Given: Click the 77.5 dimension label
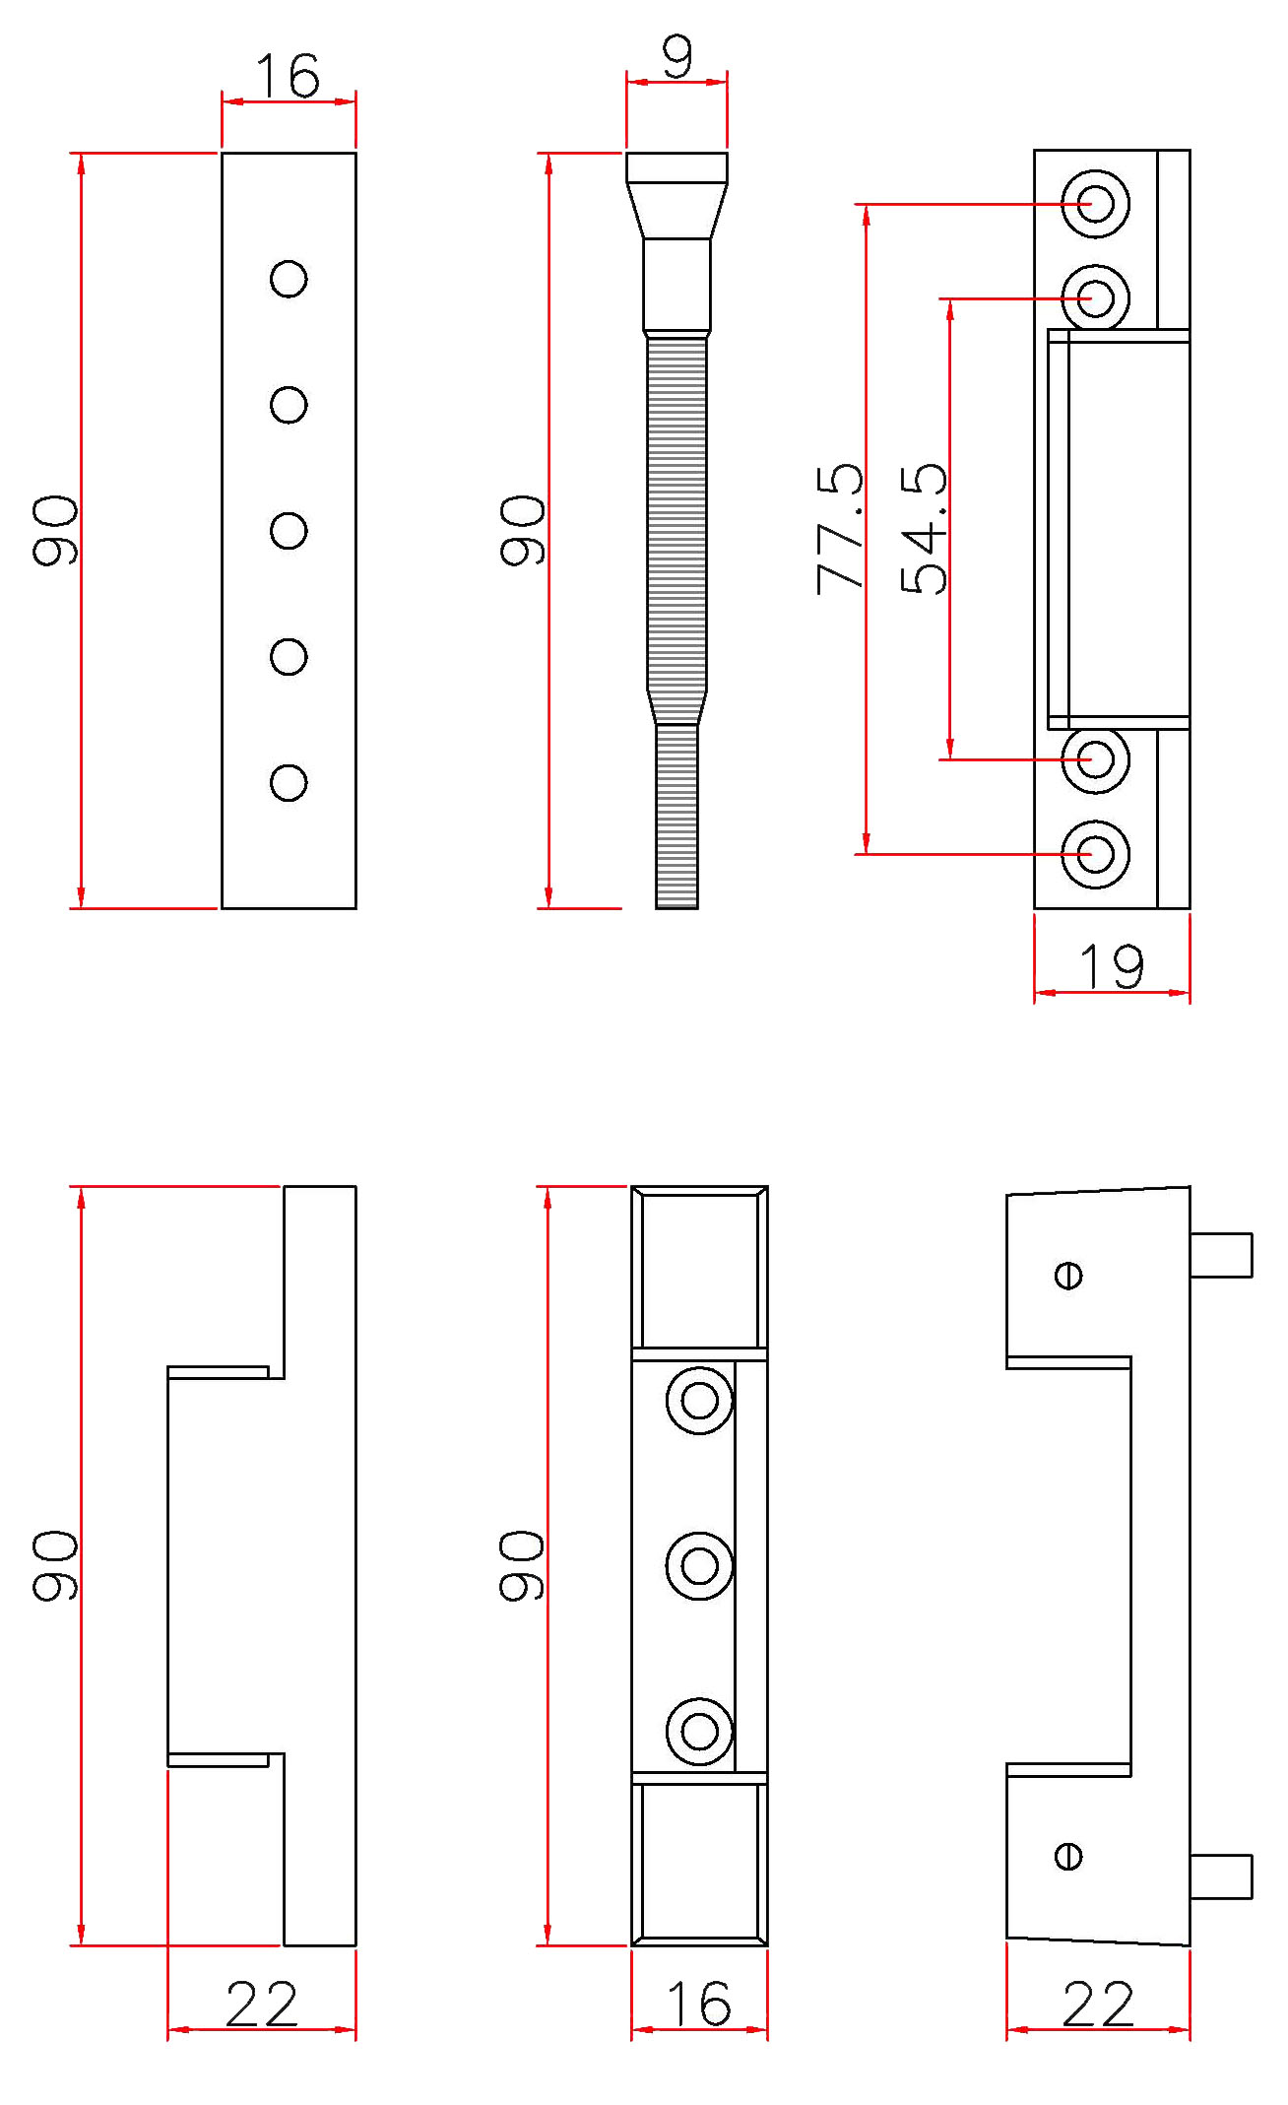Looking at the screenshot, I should click(x=839, y=529).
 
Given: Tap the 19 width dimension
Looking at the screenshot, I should click(x=1112, y=966).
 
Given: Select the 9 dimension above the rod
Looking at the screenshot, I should click(x=677, y=57).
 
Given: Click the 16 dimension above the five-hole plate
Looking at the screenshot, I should click(x=288, y=76).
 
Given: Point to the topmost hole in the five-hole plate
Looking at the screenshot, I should click(x=289, y=279).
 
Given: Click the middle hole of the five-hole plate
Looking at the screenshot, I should click(x=289, y=531).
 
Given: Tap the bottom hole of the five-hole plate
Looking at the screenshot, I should click(x=289, y=783).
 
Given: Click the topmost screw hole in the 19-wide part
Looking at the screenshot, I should click(x=1095, y=204).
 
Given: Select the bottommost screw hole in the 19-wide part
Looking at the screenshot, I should click(x=1095, y=854).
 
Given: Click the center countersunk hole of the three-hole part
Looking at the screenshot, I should click(x=699, y=1565).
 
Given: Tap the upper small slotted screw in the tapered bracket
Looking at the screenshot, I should click(x=1068, y=1276).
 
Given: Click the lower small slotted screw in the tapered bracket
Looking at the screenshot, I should click(x=1068, y=1857).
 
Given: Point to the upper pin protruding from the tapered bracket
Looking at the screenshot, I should click(x=1221, y=1255).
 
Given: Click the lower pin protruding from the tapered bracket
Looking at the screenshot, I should click(x=1221, y=1876).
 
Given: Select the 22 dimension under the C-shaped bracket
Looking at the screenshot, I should click(x=261, y=2005).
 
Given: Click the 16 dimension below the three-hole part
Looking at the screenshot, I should click(x=699, y=2005).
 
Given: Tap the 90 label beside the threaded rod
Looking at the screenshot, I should click(x=521, y=531).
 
